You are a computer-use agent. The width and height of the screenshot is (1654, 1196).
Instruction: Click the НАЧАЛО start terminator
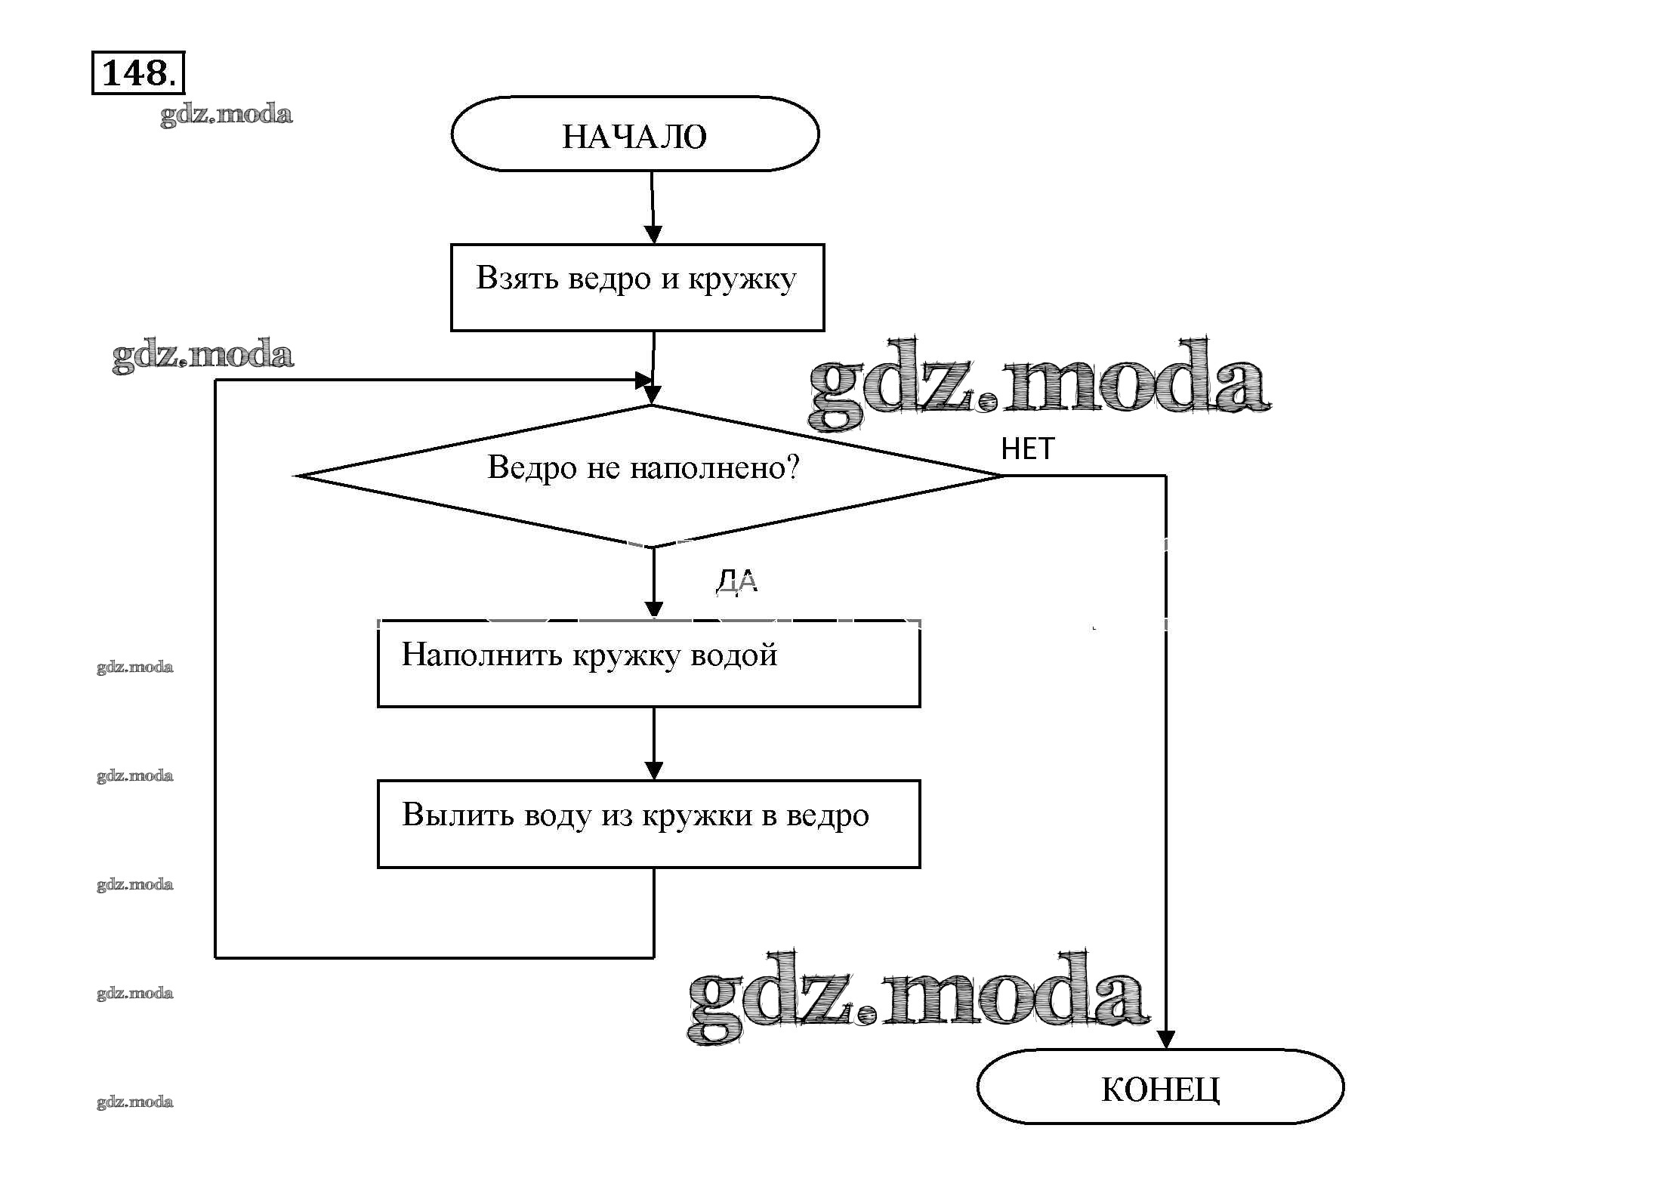[x=634, y=134]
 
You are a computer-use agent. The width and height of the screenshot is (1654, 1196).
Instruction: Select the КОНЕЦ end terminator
[x=1160, y=1087]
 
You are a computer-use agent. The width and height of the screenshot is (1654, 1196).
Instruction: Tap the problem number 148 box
[x=137, y=72]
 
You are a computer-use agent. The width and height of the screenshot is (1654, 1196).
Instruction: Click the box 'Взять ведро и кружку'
[x=637, y=287]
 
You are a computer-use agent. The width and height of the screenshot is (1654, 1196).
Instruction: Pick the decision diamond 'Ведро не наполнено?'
[x=650, y=476]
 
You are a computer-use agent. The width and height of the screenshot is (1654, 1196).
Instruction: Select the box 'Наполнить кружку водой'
[x=648, y=664]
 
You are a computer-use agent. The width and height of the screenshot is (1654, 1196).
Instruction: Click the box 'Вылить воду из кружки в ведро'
[x=648, y=824]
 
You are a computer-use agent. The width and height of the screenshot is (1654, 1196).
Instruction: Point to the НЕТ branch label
[x=1027, y=449]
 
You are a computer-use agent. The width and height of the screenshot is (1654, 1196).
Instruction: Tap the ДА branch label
[x=736, y=581]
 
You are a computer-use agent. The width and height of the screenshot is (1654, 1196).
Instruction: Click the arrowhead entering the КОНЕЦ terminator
[x=1166, y=1040]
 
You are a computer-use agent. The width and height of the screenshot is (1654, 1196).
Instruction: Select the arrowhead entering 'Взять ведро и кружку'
[x=653, y=234]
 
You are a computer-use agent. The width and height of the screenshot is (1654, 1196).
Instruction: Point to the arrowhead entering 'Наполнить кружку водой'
[x=654, y=609]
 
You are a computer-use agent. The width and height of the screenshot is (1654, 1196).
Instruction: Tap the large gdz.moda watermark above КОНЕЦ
[x=918, y=997]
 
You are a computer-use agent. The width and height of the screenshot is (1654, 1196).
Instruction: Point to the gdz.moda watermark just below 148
[x=226, y=115]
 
